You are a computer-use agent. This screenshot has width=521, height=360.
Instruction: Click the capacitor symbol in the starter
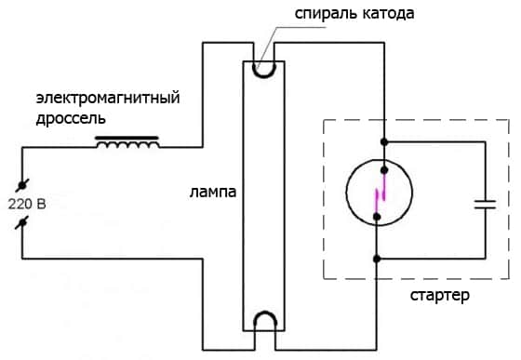tap(485, 203)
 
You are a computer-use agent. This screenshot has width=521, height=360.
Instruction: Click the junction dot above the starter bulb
tap(383, 142)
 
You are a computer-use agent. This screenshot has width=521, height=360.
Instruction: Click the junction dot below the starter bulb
tap(377, 258)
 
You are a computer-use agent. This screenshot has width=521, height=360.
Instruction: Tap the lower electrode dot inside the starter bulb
tap(377, 217)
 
